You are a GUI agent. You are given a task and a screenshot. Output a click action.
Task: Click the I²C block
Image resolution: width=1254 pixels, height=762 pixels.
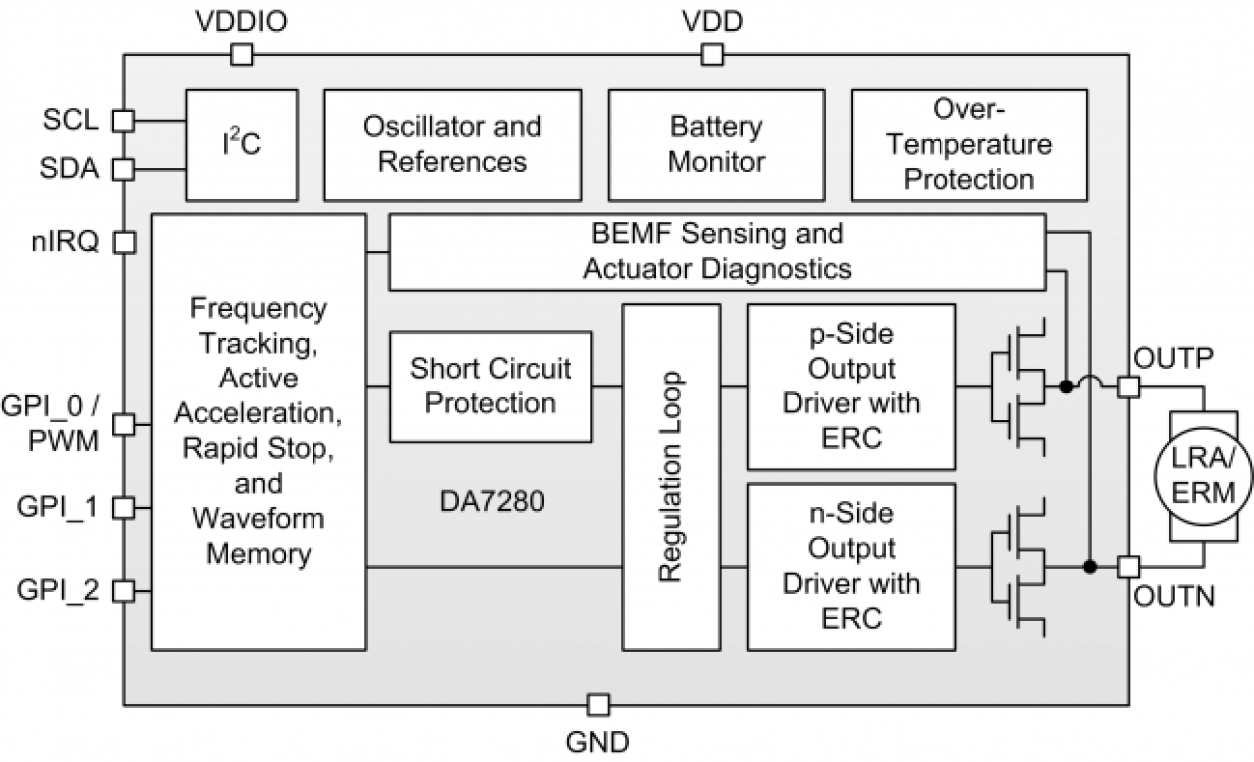pos(241,144)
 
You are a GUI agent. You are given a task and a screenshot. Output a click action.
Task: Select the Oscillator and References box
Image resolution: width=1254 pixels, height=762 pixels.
pos(452,144)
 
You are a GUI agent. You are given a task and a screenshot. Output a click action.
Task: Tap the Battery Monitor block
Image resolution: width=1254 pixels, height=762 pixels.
pos(715,144)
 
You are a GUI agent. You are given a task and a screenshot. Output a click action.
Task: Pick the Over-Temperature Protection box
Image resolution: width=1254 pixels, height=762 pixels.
pos(968,144)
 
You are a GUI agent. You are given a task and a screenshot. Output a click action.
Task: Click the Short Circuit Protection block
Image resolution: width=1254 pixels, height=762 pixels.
pos(490,385)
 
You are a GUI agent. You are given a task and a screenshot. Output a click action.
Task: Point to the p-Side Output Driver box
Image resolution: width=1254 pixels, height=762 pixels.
pos(851,387)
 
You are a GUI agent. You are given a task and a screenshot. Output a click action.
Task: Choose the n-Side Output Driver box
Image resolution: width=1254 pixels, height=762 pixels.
pos(851,566)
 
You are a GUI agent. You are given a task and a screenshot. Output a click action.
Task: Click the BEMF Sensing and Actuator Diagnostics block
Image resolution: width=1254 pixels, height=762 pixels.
pos(717,251)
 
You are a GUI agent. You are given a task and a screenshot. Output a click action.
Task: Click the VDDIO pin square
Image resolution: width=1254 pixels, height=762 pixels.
pos(241,56)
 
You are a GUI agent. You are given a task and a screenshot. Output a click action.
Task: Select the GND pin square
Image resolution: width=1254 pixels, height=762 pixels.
pos(597,705)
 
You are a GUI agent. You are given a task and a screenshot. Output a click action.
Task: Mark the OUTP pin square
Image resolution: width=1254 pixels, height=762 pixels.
pos(1128,386)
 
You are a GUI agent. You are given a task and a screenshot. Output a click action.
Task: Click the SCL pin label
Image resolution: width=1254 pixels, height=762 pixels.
pos(71,120)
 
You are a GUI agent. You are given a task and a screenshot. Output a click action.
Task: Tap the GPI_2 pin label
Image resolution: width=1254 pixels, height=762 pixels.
pos(58,590)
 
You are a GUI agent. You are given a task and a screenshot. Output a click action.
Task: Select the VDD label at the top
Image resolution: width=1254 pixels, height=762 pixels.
pos(711,21)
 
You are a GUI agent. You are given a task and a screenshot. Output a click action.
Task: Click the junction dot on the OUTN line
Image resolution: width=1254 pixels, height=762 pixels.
pos(1090,567)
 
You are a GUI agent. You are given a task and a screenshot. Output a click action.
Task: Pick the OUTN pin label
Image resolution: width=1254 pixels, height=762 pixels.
pos(1174,599)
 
